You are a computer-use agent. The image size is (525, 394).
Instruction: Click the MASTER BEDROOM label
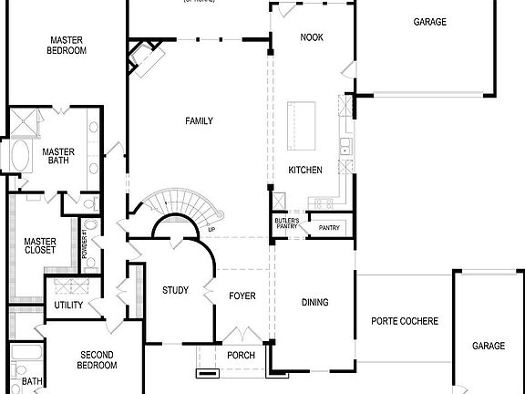67,46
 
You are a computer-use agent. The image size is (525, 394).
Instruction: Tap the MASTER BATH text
57,157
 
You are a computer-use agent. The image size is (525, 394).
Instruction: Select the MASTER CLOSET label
40,246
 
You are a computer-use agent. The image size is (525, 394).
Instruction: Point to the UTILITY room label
69,306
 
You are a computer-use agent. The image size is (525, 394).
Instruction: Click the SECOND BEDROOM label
98,360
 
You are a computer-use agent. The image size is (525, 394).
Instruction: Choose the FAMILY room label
199,121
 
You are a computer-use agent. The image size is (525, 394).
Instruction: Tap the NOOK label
312,37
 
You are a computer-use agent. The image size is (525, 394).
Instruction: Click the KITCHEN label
305,171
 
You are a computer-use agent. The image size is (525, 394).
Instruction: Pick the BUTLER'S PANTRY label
287,223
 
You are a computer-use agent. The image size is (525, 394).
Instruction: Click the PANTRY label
328,228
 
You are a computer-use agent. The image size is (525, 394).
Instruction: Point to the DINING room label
314,303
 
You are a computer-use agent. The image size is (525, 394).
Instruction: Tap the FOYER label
242,296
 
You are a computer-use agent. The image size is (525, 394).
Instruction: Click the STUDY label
175,291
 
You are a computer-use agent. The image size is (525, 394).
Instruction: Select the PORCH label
241,356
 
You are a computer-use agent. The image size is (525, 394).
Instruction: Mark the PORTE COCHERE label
405,321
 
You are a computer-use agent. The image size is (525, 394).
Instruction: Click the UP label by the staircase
211,229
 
